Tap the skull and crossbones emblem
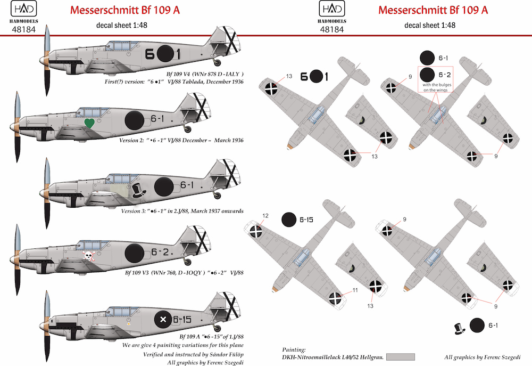coord(89,256)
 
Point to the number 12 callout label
coord(250,215)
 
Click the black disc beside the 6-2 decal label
coord(428,76)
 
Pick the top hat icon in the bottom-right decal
coord(460,327)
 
